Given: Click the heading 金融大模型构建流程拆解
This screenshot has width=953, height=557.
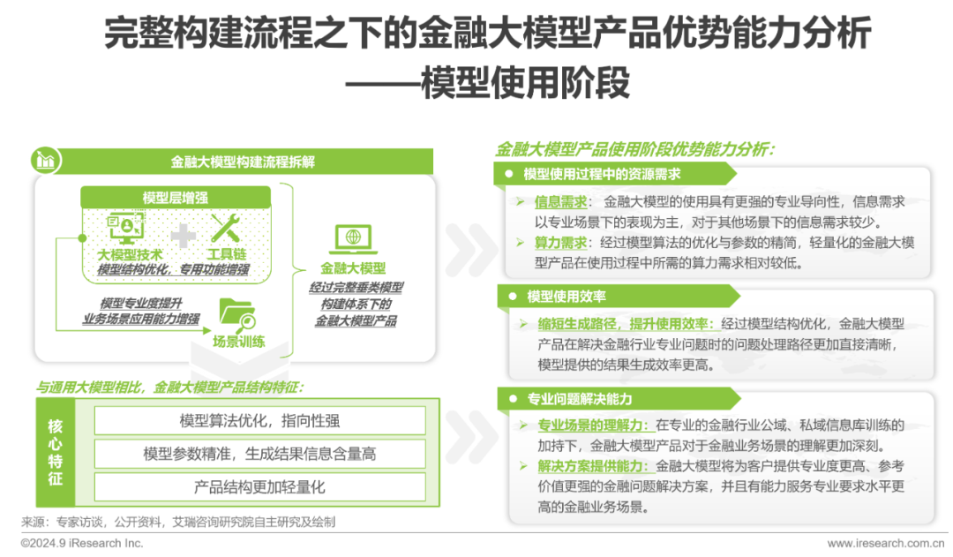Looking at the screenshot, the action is [243, 162].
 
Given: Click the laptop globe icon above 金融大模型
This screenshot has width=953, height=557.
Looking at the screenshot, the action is [353, 238].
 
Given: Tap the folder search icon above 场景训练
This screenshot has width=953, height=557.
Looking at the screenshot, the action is [236, 314].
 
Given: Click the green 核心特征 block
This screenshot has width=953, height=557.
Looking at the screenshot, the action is [56, 452].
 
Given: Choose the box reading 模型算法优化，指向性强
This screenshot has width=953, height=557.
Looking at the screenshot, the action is [259, 420].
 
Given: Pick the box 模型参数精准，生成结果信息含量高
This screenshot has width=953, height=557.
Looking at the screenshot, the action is [259, 454].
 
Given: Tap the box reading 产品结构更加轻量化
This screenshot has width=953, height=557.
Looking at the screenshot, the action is [259, 487].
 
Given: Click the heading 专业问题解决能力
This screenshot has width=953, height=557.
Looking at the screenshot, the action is [579, 399].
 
